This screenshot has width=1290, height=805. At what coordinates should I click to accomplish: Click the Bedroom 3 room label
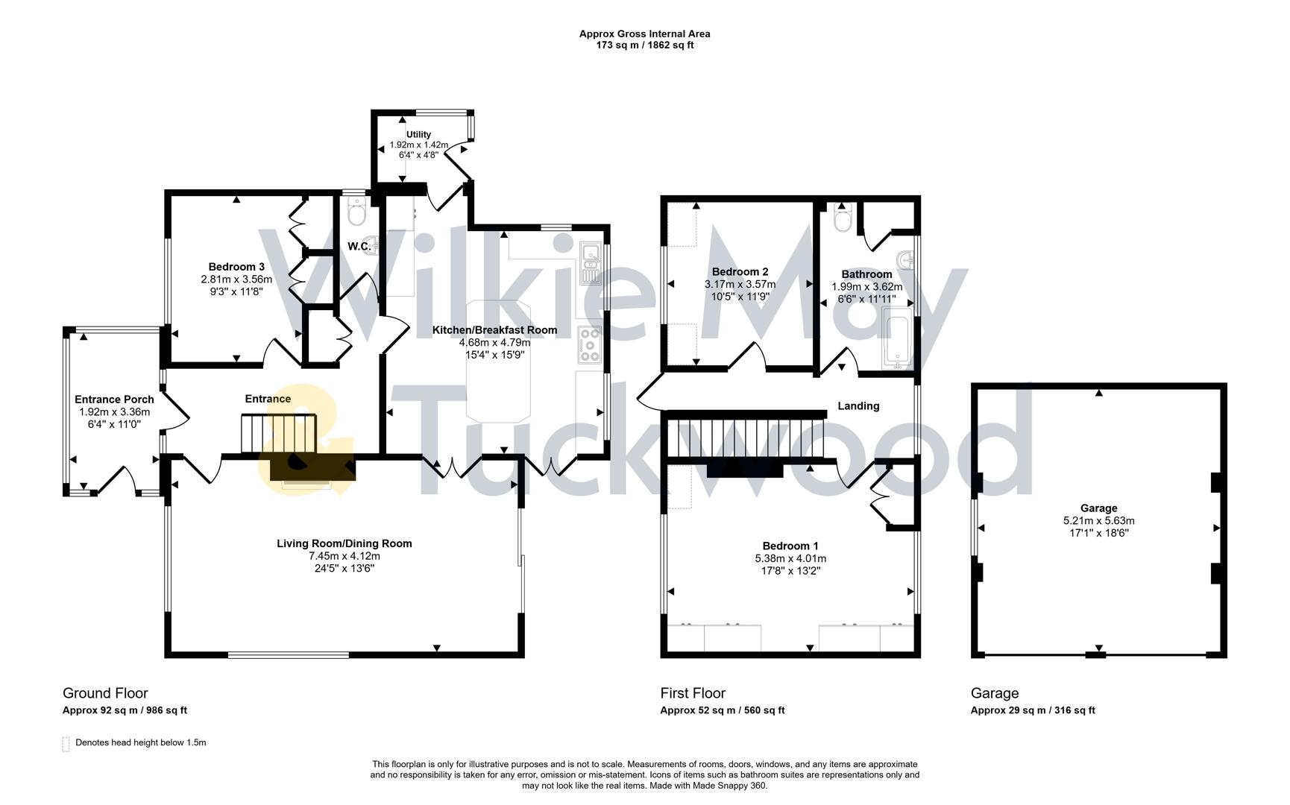click(236, 267)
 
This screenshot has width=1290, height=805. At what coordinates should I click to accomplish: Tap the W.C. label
click(359, 246)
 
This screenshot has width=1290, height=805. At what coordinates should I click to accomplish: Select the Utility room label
click(418, 134)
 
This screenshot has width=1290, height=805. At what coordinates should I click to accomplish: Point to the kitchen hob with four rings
click(590, 345)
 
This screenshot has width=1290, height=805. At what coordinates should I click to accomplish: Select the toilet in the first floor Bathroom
click(843, 219)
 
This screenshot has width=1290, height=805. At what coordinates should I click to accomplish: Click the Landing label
click(858, 406)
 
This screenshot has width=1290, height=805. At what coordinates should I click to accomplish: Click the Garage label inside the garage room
click(1098, 508)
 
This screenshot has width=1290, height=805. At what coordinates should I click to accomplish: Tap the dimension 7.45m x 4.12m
click(344, 556)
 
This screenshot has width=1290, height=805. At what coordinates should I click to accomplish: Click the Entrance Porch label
click(114, 400)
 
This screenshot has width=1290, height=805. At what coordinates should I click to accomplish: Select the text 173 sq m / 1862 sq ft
click(644, 45)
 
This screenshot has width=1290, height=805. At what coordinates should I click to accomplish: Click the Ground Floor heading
click(105, 693)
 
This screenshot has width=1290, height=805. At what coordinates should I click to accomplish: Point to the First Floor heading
click(692, 693)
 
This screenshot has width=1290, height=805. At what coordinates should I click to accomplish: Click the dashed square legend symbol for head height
click(66, 743)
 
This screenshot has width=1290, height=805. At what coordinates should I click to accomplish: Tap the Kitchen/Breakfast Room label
click(494, 330)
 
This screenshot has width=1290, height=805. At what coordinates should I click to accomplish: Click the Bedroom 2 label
click(740, 272)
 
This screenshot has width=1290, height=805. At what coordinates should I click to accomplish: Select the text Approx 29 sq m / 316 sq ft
click(1032, 710)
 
